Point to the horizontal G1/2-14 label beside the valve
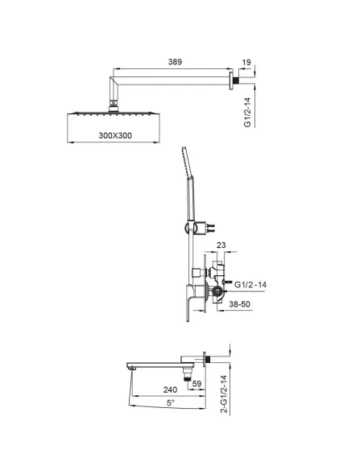point(250,284)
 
